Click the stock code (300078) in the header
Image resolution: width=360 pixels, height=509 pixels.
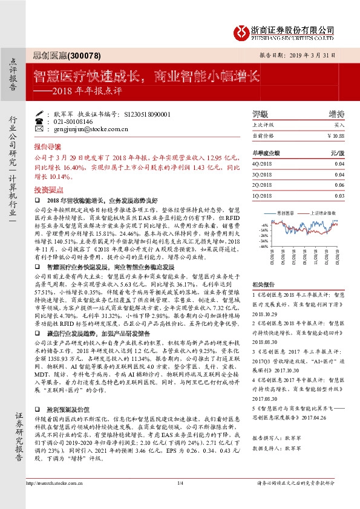82,55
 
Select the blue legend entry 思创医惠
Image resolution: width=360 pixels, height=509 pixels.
285,213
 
